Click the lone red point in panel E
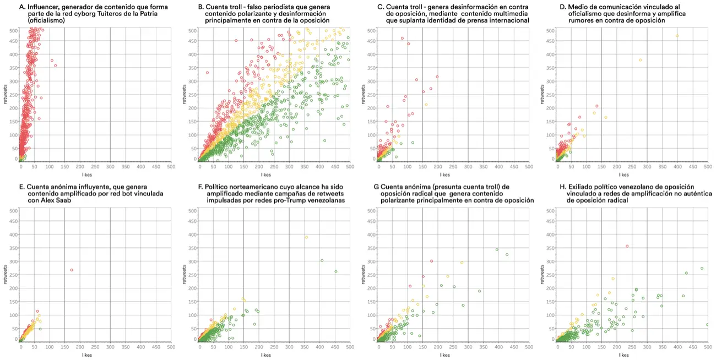point(72,270)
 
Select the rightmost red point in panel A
point(56,66)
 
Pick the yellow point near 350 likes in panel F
point(306,237)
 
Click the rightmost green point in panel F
point(335,271)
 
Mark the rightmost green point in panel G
point(507,254)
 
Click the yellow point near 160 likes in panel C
point(426,105)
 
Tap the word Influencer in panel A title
point(44,7)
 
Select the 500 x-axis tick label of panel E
point(171,347)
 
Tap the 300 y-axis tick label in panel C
point(367,81)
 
